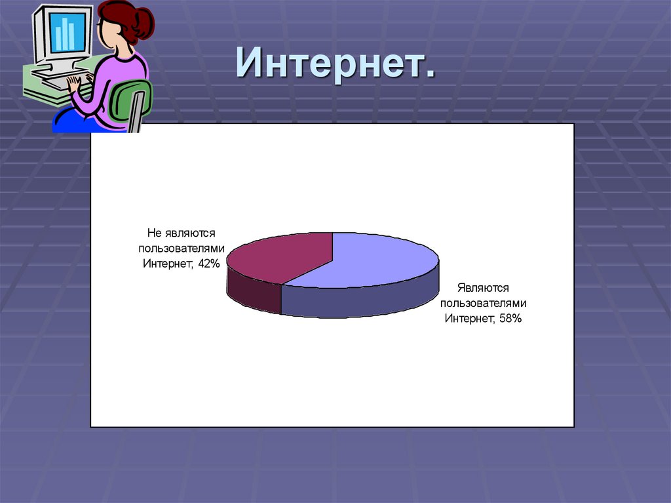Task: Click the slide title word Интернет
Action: (x=335, y=64)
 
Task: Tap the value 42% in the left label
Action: (x=206, y=264)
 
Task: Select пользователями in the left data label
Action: (x=182, y=249)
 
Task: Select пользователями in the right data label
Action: (x=484, y=303)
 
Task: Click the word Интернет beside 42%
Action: (x=166, y=264)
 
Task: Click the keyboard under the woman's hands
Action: (x=62, y=84)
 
